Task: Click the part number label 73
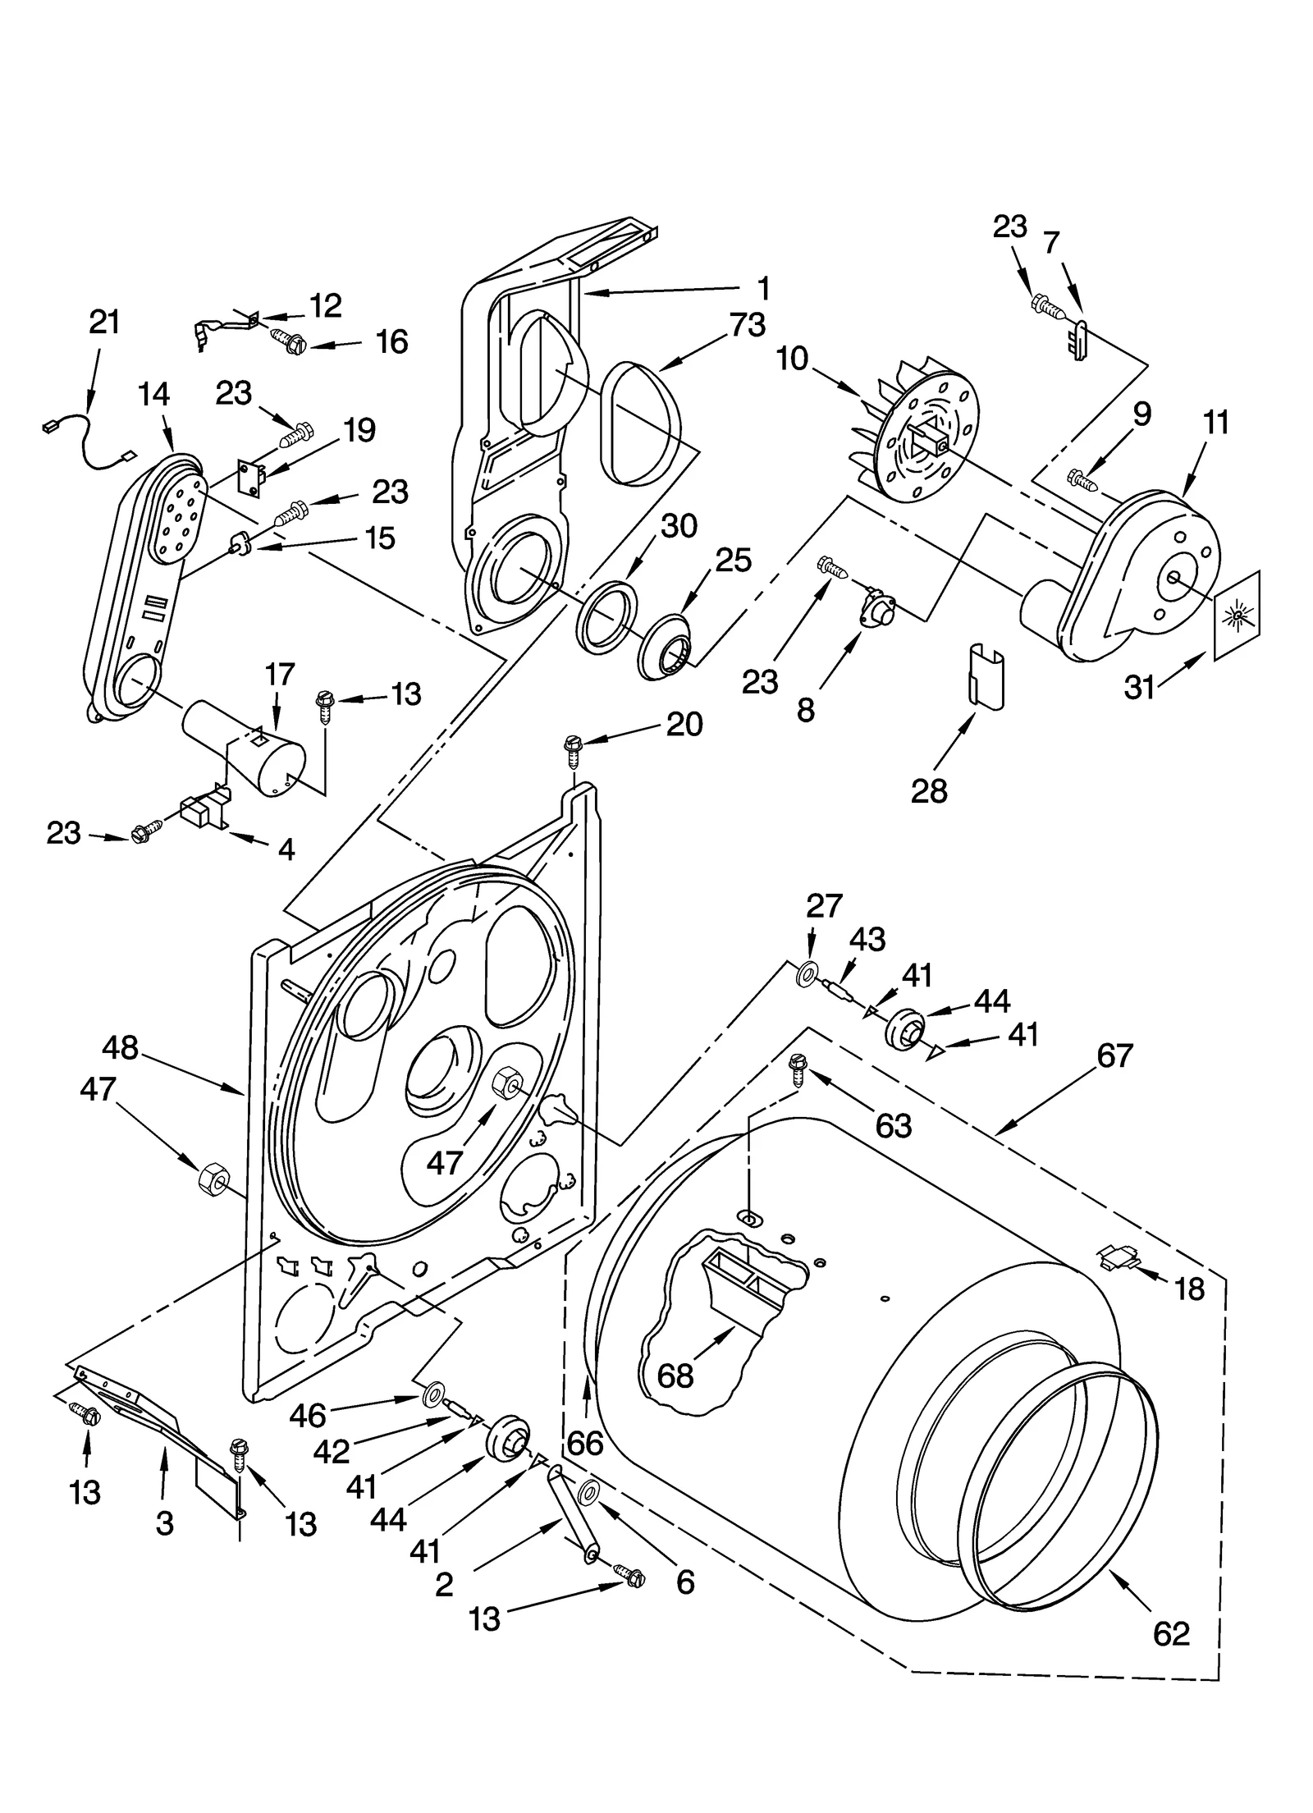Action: coord(747,325)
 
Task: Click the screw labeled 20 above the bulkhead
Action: coord(573,749)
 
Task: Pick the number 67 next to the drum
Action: coord(1114,1055)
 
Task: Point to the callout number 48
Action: coord(121,1048)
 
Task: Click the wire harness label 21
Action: coord(104,323)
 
